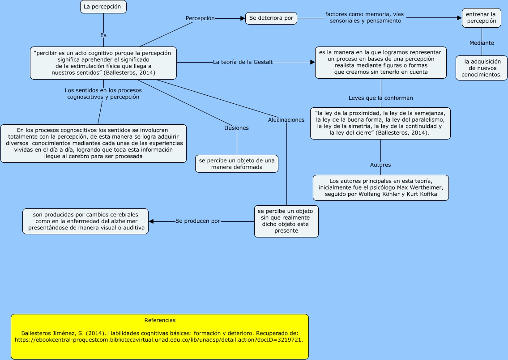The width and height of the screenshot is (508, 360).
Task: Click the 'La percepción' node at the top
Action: (x=103, y=7)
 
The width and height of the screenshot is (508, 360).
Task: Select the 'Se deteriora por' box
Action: (x=271, y=18)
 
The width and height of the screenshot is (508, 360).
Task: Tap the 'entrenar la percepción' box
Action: (x=482, y=18)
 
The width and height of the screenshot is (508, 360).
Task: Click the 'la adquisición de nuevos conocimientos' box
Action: (x=482, y=68)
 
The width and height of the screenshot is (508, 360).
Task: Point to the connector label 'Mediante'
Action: (x=482, y=43)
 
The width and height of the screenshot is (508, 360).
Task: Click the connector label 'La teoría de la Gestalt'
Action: (x=243, y=62)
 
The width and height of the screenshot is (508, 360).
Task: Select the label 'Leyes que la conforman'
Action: (x=381, y=98)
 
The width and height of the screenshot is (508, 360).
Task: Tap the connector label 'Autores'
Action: (x=380, y=165)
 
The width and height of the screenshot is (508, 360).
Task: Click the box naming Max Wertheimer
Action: (x=381, y=188)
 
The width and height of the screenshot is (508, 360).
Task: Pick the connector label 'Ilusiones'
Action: (x=237, y=128)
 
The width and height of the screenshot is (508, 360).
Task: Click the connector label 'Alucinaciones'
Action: (x=286, y=120)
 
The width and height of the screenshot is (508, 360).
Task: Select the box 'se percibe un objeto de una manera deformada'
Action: (x=237, y=164)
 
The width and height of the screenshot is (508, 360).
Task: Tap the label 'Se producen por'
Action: (x=198, y=221)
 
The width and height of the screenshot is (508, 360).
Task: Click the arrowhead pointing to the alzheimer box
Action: (x=151, y=221)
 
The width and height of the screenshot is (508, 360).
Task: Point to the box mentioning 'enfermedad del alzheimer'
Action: (x=85, y=221)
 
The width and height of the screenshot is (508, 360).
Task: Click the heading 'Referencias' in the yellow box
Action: (x=160, y=320)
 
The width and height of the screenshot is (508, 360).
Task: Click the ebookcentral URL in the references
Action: (x=159, y=340)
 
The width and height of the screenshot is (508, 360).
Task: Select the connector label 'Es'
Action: (x=103, y=35)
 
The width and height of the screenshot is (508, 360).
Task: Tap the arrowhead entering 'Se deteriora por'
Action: (x=243, y=18)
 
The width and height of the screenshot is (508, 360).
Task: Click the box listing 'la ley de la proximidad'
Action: (x=380, y=123)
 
